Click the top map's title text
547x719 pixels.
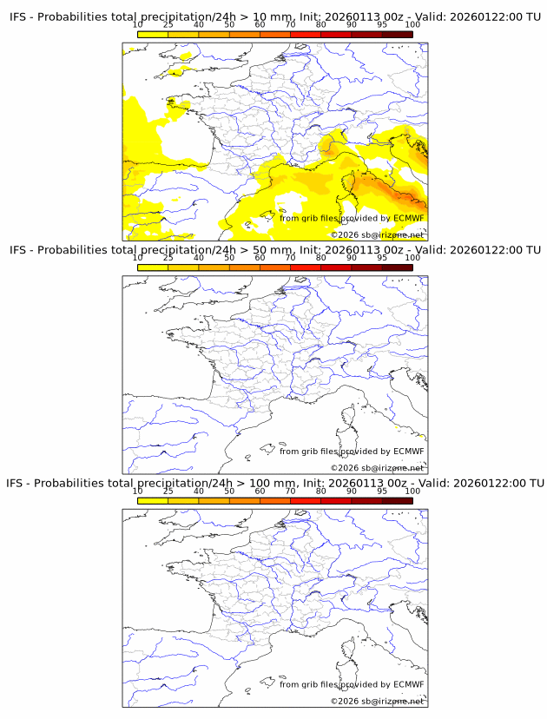(274, 16)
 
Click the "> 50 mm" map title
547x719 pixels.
(274, 250)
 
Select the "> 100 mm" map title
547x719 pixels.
(274, 483)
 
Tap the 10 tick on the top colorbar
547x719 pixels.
(138, 25)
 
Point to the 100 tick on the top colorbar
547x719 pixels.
(412, 25)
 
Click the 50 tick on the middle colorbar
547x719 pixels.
(229, 258)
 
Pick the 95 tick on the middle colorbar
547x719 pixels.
(382, 258)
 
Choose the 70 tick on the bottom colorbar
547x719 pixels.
(290, 491)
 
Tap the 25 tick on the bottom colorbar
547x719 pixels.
(168, 491)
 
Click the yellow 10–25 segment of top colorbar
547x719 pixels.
(153, 34)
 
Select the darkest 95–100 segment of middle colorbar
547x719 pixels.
(397, 267)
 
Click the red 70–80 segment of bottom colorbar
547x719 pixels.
(306, 500)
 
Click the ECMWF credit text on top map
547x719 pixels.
(352, 218)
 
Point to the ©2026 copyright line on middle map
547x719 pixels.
(377, 468)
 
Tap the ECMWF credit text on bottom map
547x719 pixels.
(352, 684)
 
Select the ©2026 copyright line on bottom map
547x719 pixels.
(377, 701)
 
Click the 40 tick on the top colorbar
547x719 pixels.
(199, 25)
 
